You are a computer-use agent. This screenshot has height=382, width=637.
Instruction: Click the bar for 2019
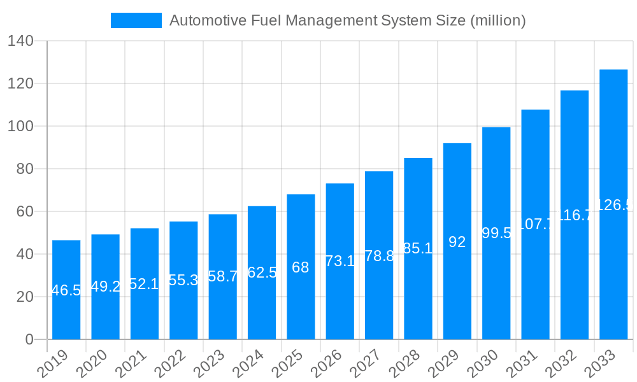click(x=66, y=290)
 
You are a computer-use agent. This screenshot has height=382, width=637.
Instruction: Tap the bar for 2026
click(x=340, y=261)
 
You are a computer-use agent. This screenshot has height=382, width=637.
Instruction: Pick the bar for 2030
click(x=496, y=233)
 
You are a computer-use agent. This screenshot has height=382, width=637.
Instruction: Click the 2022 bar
click(x=183, y=280)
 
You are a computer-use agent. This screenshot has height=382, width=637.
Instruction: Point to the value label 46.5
click(x=66, y=291)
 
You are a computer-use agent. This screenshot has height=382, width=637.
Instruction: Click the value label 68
click(x=301, y=267)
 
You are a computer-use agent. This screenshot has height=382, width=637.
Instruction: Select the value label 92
click(x=457, y=242)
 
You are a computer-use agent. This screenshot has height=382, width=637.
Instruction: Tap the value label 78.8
click(x=379, y=256)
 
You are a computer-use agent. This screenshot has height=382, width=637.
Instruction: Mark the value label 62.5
click(x=262, y=273)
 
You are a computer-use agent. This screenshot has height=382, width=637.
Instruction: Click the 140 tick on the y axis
click(x=20, y=41)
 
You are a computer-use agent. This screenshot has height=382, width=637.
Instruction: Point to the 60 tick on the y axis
click(x=24, y=212)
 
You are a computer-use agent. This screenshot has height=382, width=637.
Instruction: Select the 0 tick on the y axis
click(x=29, y=340)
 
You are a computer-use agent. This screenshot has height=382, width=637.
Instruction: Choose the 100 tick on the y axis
click(x=20, y=127)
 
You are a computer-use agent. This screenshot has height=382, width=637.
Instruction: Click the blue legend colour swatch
click(x=136, y=20)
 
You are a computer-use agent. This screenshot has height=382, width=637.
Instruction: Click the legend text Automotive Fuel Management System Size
click(x=348, y=20)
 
